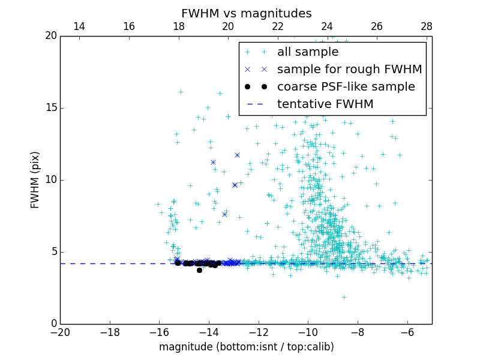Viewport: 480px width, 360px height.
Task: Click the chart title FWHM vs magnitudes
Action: [246, 13]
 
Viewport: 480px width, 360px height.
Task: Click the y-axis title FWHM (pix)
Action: [35, 179]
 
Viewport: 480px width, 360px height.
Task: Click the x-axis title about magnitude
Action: [246, 347]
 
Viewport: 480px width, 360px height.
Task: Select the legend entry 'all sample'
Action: [307, 52]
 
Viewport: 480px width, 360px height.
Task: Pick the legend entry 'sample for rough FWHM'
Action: [349, 70]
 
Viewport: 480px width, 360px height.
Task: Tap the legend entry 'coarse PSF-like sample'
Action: [346, 87]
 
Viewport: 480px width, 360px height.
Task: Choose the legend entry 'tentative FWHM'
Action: [325, 104]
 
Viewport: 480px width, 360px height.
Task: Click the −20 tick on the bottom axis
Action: [61, 332]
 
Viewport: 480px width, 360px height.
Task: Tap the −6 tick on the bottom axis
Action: [407, 332]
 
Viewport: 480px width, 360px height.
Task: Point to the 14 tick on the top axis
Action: [79, 26]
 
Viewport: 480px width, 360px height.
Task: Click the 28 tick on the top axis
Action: [427, 26]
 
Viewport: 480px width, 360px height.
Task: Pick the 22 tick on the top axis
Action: [277, 26]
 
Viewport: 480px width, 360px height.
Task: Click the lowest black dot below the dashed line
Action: [199, 270]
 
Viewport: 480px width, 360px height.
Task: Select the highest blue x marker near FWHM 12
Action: [237, 155]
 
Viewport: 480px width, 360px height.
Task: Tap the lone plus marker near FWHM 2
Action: [344, 297]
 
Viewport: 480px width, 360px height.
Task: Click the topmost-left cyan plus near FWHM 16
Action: [181, 92]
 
